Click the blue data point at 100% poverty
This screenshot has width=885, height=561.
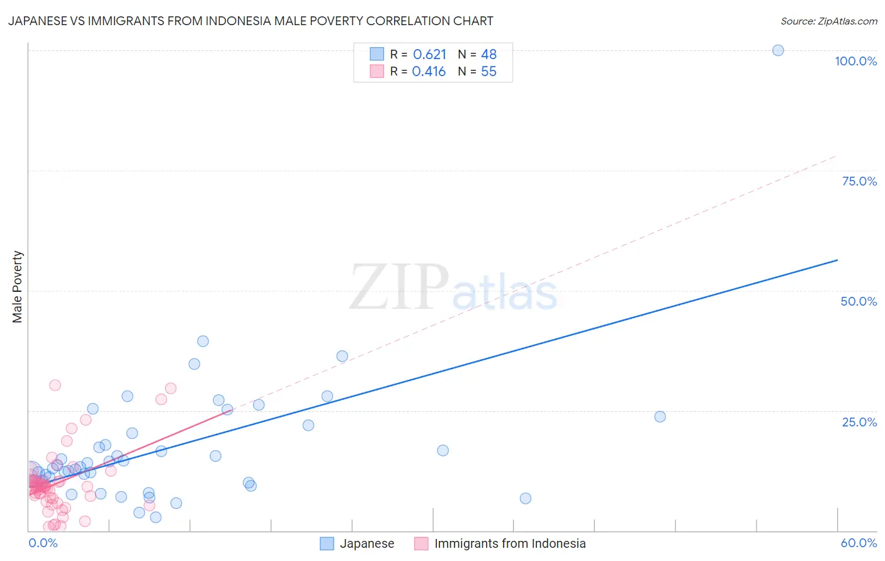(x=778, y=50)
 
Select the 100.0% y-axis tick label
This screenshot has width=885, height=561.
(x=855, y=61)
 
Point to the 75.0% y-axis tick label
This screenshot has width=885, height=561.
(x=859, y=181)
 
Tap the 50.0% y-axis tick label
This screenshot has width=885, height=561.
(x=859, y=301)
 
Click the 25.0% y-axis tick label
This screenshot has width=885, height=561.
(x=859, y=421)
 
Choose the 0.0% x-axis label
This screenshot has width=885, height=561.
(x=43, y=543)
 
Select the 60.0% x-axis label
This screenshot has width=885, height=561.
(x=859, y=543)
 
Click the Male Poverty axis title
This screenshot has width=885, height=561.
(x=17, y=287)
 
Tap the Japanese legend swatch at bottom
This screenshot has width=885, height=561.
(x=327, y=543)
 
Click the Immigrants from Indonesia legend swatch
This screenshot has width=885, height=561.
(x=421, y=543)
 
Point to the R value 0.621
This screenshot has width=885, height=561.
(x=429, y=55)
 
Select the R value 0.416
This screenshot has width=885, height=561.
(x=429, y=72)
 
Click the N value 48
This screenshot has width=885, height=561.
(x=489, y=55)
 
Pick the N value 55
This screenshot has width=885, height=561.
(x=489, y=72)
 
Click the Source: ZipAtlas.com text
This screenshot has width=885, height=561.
(x=828, y=21)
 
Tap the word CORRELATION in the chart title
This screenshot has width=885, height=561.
(x=407, y=21)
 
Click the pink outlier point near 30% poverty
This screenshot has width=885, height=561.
(x=55, y=385)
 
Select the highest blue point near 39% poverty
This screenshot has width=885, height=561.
(x=203, y=341)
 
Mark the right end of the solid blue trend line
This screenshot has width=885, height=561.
(x=837, y=260)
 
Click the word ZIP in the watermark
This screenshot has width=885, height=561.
(x=399, y=287)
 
